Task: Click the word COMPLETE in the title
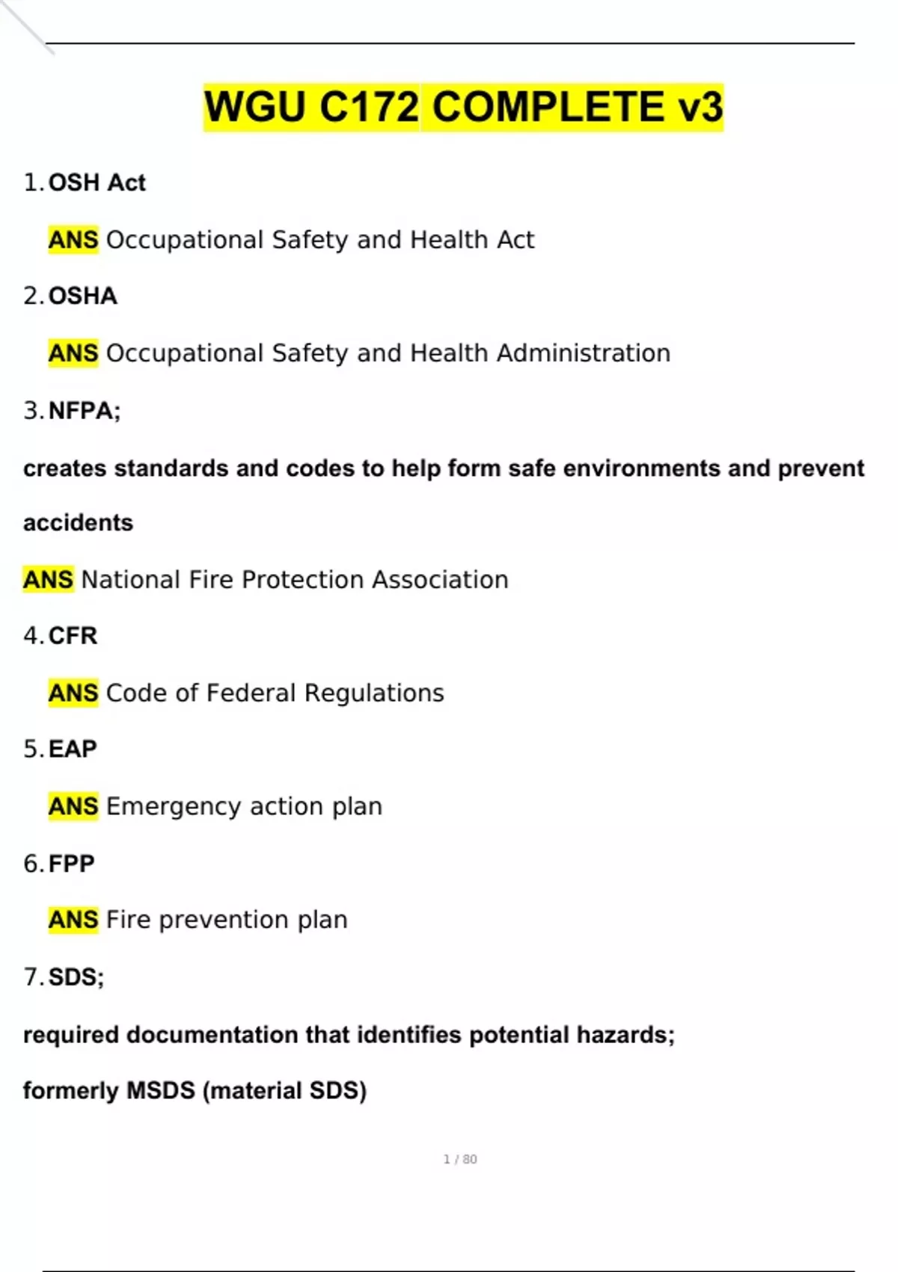(548, 107)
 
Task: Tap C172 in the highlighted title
(369, 107)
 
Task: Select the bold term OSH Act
(97, 183)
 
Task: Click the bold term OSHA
(83, 296)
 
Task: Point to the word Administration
(584, 353)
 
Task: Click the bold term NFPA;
(85, 411)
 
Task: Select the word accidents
(78, 522)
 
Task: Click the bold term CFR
(73, 636)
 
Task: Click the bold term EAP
(73, 749)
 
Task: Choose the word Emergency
(174, 807)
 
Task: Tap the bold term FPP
(72, 863)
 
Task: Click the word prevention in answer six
(224, 920)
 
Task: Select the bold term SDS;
(76, 977)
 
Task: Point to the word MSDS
(160, 1091)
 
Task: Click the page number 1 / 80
(460, 1159)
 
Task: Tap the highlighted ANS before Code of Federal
(73, 693)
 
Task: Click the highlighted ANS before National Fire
(48, 580)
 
